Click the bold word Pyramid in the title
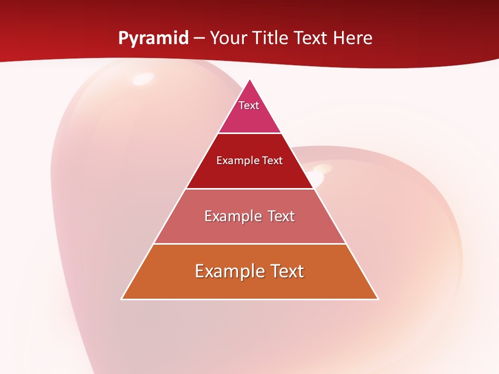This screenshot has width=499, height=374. (x=153, y=38)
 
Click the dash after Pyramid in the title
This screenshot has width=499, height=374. (x=199, y=38)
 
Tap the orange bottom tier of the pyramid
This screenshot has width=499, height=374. (x=249, y=286)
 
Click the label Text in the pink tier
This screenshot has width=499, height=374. (x=249, y=105)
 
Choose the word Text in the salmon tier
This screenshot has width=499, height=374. (x=281, y=216)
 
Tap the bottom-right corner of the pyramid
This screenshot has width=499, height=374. (x=377, y=299)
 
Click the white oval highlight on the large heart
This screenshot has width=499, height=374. (x=143, y=79)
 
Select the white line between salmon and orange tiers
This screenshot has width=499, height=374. (x=249, y=244)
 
